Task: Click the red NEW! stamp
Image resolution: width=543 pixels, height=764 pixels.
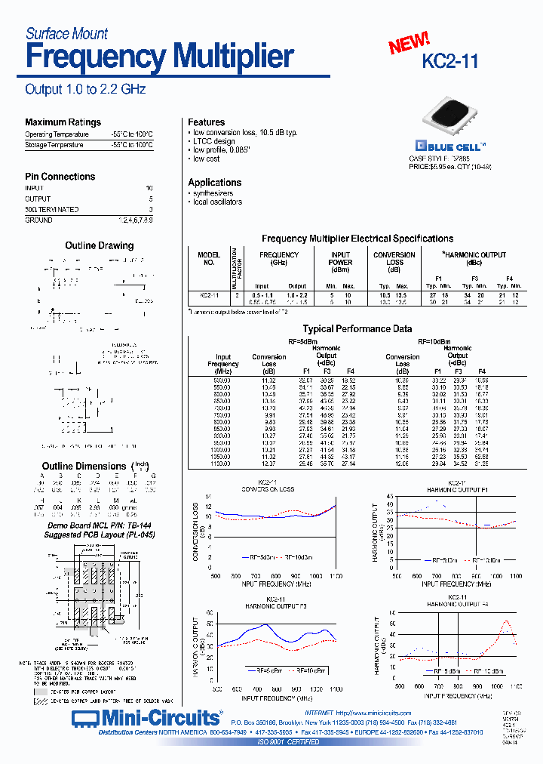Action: coord(409,44)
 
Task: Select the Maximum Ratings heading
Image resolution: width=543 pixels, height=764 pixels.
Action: coord(63,122)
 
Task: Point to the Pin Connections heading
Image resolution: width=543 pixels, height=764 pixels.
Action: coord(60,177)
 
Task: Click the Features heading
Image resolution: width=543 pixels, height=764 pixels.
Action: coord(207,122)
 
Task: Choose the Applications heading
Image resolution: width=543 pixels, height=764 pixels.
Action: coord(215,183)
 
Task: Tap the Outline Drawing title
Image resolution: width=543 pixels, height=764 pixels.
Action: coord(99,245)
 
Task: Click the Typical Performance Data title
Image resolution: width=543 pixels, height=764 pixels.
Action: coord(357,329)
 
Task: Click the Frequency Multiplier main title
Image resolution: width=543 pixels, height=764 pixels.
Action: coord(160,57)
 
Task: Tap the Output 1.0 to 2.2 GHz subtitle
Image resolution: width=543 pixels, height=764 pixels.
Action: coord(85,89)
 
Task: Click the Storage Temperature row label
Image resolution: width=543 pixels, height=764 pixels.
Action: coord(54,144)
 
